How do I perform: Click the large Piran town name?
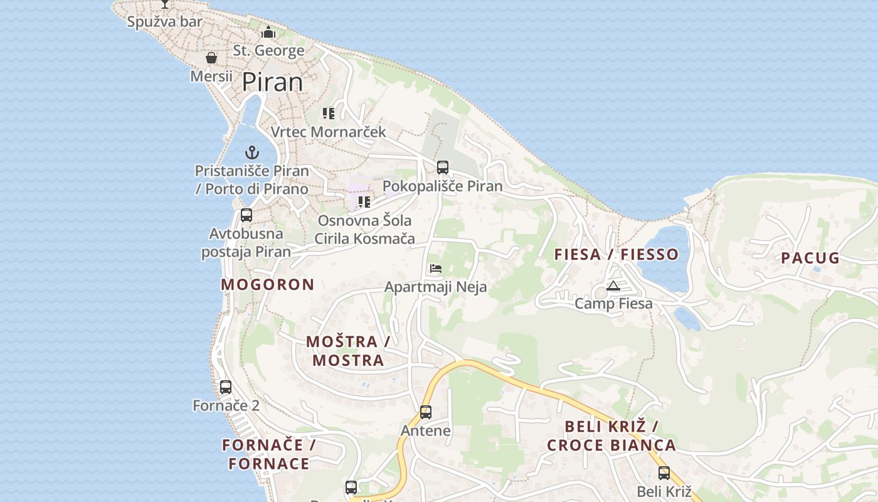coord(272,82)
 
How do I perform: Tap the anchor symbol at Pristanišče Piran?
coord(251,152)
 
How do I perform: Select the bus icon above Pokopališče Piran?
coord(443,168)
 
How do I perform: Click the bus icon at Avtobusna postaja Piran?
coord(246,215)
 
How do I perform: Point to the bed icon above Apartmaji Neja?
coord(436,269)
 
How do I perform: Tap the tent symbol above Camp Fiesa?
coord(613,286)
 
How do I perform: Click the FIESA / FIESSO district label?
coord(616,254)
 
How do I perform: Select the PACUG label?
coord(810,258)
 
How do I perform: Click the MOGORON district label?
coord(267,284)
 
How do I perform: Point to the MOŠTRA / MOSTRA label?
coord(348,351)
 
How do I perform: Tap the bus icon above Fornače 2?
coord(226,387)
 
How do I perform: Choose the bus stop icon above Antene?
coord(426,412)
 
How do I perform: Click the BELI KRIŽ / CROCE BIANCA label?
coord(611,435)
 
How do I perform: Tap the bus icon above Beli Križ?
coord(664,473)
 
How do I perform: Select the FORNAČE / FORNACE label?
coord(268,454)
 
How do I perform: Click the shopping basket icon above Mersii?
coord(211,58)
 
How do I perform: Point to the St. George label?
coord(268,50)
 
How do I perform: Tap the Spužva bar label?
coord(165,22)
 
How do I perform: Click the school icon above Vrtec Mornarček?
coord(329,114)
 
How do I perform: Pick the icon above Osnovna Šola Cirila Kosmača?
coord(364,202)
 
